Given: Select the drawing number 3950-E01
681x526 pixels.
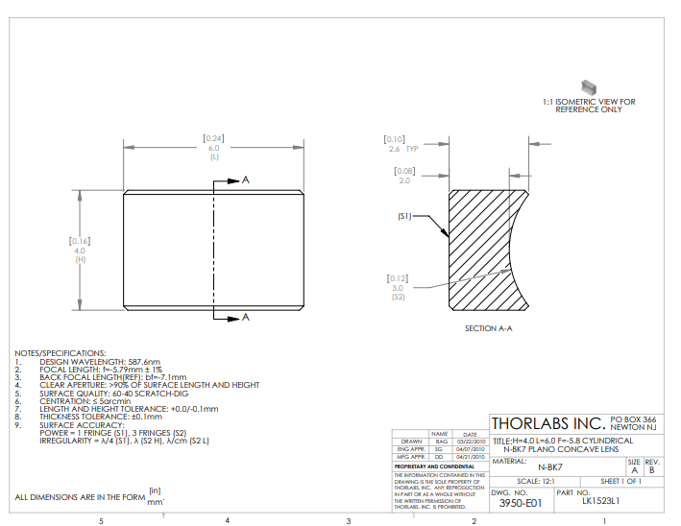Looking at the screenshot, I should [522, 501].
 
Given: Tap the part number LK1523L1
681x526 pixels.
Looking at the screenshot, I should [601, 501].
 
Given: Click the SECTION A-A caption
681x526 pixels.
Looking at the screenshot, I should [488, 328].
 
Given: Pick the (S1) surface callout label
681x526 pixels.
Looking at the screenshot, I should [403, 216].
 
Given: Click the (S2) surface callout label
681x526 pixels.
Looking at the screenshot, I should [399, 298].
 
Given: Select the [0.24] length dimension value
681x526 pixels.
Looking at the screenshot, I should [213, 138].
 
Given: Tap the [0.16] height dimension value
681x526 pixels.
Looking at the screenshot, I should [80, 240].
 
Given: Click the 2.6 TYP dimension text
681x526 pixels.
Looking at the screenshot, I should [403, 150].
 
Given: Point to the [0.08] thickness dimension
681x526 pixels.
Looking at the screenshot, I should [404, 170].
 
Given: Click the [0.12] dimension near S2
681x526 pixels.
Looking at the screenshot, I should [398, 278].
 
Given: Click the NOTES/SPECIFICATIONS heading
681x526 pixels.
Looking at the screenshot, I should [60, 353].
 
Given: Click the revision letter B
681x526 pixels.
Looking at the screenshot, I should [650, 470].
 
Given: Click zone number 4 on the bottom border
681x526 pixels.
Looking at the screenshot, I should [227, 519].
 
